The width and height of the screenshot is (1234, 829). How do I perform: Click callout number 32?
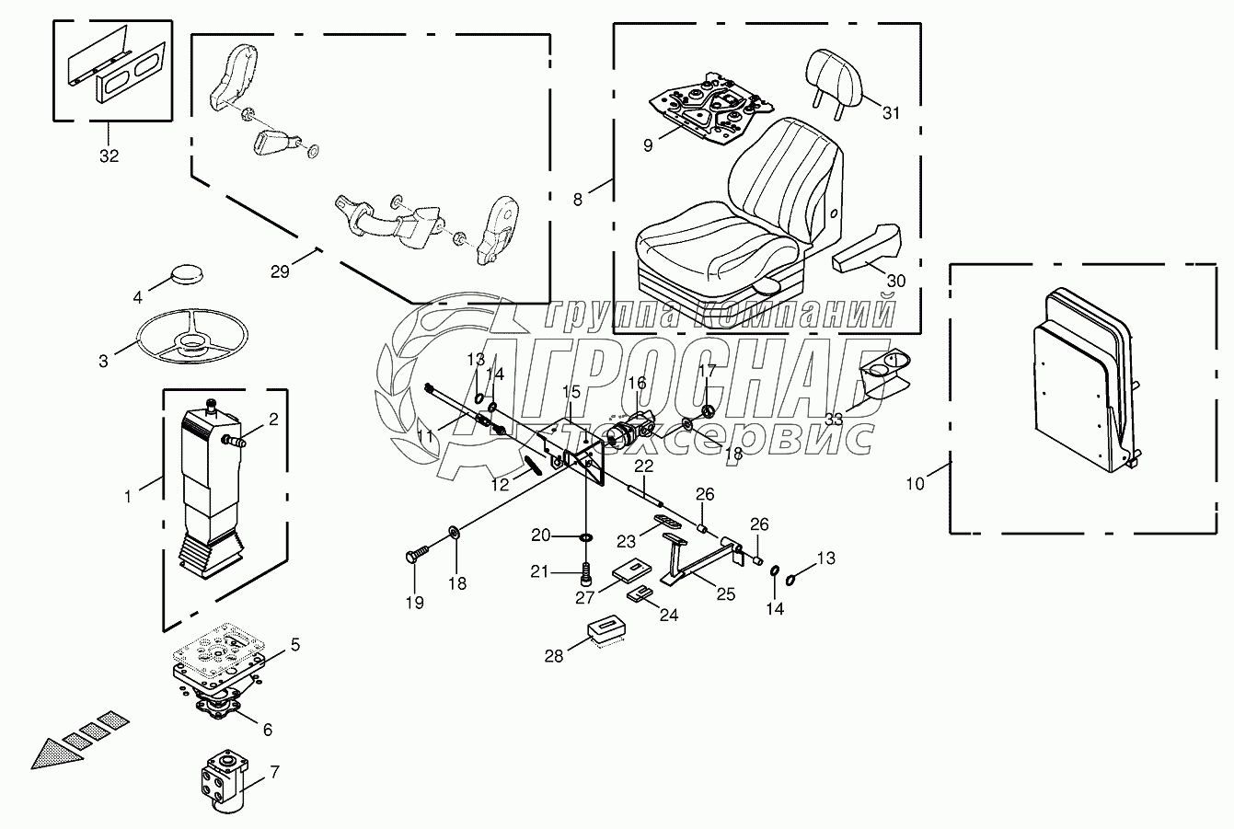pyautogui.click(x=109, y=156)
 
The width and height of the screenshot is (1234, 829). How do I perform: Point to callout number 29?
pyautogui.click(x=281, y=271)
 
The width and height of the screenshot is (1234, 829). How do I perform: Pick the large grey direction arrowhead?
pyautogui.click(x=52, y=749)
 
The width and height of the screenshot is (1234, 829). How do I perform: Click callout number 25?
pyautogui.click(x=726, y=594)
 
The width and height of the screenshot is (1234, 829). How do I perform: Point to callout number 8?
pyautogui.click(x=578, y=200)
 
